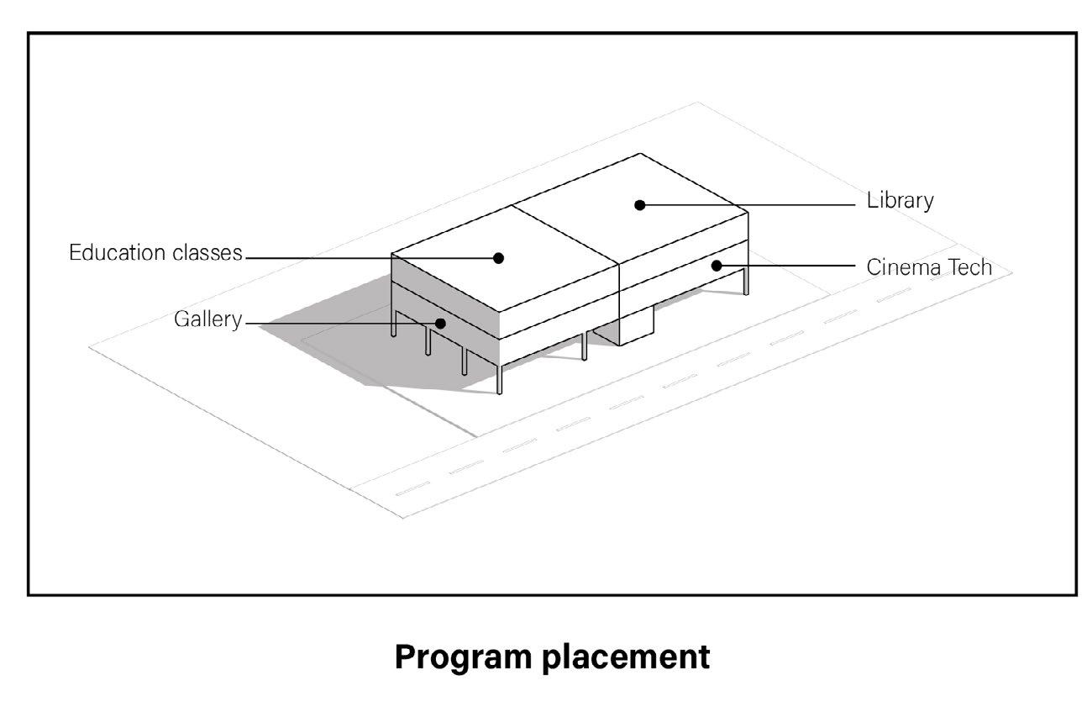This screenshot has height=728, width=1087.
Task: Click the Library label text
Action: [900, 202]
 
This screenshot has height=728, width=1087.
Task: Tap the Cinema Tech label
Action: [929, 267]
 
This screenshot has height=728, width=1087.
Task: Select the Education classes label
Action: [155, 253]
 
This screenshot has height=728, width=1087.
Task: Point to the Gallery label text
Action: [207, 319]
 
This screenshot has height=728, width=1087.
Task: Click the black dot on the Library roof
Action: [640, 204]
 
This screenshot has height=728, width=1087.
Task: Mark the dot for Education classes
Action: [498, 258]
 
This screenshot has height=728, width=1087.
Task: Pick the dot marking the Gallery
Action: [440, 323]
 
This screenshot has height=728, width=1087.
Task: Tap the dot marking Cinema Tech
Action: [717, 266]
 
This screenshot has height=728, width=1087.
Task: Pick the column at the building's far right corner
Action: [745, 281]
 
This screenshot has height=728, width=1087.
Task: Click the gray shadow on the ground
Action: [336, 336]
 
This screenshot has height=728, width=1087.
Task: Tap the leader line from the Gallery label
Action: [336, 323]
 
